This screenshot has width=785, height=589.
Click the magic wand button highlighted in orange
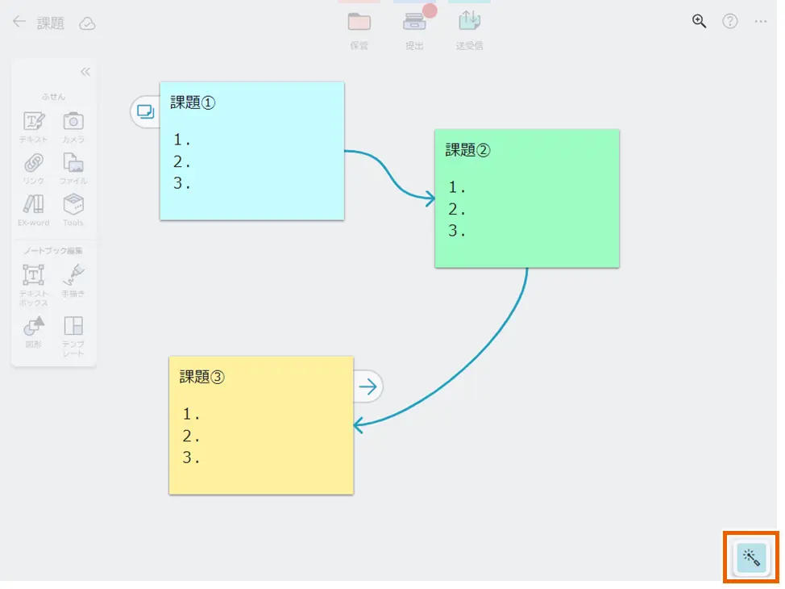pyautogui.click(x=751, y=557)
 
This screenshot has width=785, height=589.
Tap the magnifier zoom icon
pyautogui.click(x=700, y=22)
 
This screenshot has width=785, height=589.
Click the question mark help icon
pyautogui.click(x=730, y=22)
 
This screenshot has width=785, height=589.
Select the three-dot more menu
pyautogui.click(x=761, y=22)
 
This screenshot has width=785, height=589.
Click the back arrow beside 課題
pyautogui.click(x=19, y=22)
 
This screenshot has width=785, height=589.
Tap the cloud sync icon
pyautogui.click(x=87, y=23)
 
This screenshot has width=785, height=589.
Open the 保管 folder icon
pyautogui.click(x=359, y=22)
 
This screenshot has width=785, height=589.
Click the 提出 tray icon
pyautogui.click(x=414, y=22)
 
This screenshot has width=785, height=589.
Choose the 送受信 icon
pyautogui.click(x=469, y=20)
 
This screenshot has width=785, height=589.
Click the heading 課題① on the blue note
pyautogui.click(x=193, y=102)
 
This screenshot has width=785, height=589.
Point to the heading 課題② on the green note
pyautogui.click(x=467, y=150)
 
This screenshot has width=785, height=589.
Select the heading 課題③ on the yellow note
pyautogui.click(x=201, y=377)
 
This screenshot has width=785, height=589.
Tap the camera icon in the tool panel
pyautogui.click(x=73, y=121)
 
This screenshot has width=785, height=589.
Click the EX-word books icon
pyautogui.click(x=33, y=203)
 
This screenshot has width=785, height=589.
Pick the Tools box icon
pyautogui.click(x=73, y=203)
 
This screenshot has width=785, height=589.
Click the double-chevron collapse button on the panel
pyautogui.click(x=85, y=72)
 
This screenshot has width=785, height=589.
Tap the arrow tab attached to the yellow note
pyautogui.click(x=368, y=387)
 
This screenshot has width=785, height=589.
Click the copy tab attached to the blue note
pyautogui.click(x=145, y=111)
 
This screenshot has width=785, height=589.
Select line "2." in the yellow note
pyautogui.click(x=191, y=437)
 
